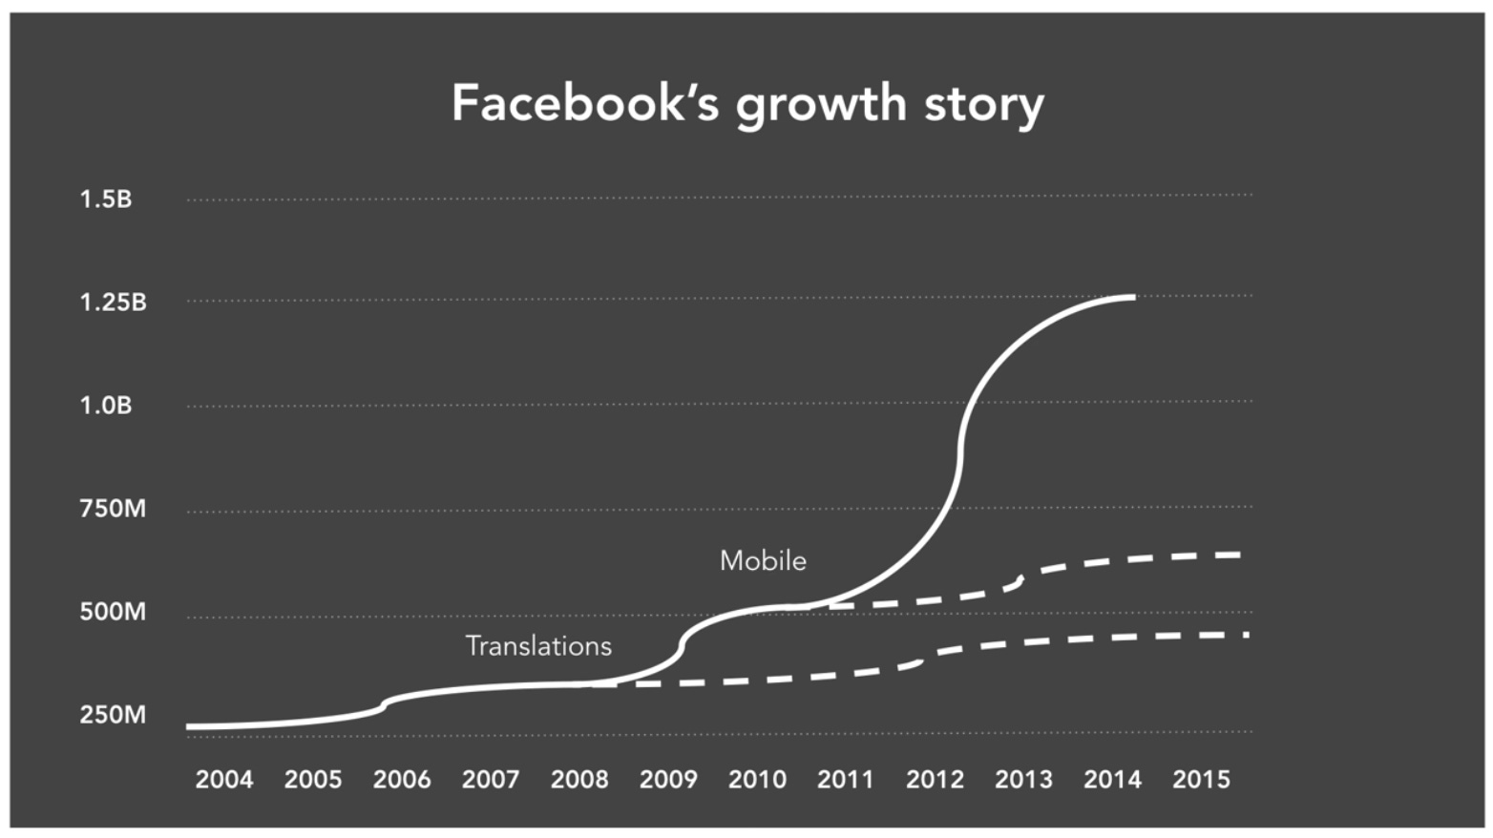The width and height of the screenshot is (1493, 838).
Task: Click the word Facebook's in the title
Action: click(x=584, y=103)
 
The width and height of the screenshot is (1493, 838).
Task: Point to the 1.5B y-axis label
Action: click(x=105, y=199)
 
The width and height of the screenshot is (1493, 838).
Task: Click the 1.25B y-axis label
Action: click(x=113, y=303)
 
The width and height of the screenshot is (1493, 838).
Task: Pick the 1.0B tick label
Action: click(x=105, y=406)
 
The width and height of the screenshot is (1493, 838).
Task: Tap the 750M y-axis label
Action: click(x=113, y=509)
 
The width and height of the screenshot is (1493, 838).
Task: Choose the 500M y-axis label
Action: click(x=113, y=612)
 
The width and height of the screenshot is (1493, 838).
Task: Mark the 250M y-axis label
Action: click(x=113, y=715)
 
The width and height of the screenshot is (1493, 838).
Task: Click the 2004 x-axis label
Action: click(x=224, y=780)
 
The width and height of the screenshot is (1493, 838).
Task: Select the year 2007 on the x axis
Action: click(x=491, y=780)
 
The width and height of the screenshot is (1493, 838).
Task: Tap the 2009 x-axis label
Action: click(x=668, y=780)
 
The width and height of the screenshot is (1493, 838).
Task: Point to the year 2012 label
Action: click(x=935, y=780)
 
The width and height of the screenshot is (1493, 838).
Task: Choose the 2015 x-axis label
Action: click(x=1201, y=780)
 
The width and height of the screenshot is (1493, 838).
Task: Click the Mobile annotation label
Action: click(x=763, y=560)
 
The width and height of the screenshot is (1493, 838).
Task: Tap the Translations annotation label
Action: click(x=538, y=646)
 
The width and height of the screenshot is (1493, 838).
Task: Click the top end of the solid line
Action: click(x=1133, y=298)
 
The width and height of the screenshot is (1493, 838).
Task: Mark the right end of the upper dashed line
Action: click(x=1239, y=555)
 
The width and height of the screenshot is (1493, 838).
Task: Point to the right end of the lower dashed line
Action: click(x=1246, y=635)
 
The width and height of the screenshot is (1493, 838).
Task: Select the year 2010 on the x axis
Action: click(x=757, y=780)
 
